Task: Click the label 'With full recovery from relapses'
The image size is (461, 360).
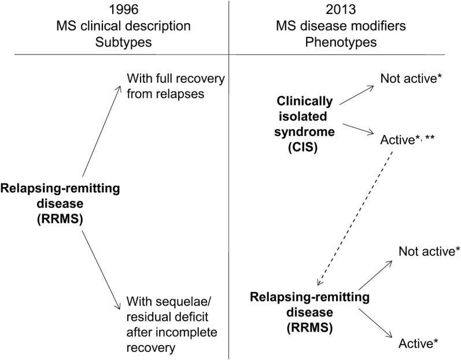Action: pyautogui.click(x=176, y=85)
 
